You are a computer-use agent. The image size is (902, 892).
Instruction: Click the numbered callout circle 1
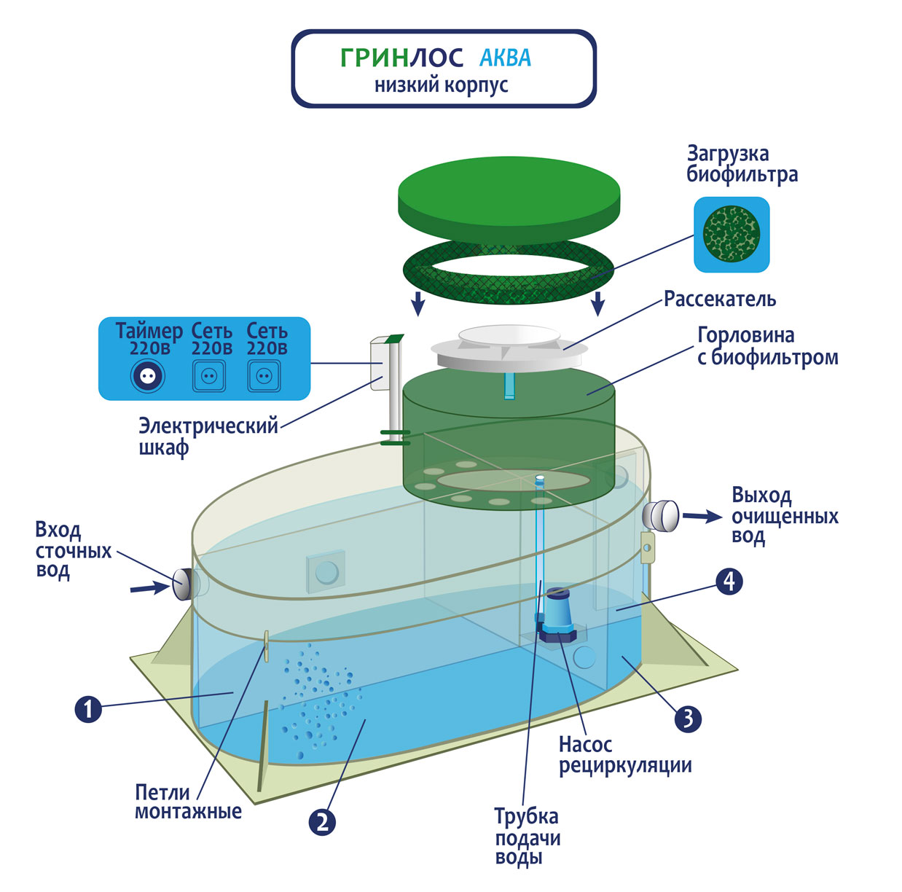click(x=88, y=708)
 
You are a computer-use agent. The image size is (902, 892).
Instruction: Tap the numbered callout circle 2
click(x=323, y=822)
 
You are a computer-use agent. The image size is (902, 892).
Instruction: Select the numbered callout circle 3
click(x=688, y=719)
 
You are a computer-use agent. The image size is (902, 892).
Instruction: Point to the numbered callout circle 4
click(x=729, y=582)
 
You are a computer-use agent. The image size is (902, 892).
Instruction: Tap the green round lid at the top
click(x=509, y=199)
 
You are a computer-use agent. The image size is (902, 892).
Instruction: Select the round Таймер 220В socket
click(x=148, y=376)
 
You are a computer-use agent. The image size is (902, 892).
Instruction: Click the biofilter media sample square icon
click(x=732, y=235)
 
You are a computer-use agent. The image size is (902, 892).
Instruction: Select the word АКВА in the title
click(x=505, y=58)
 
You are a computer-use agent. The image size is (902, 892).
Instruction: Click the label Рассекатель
click(x=719, y=300)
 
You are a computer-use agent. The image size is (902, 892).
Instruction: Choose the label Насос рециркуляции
click(x=624, y=755)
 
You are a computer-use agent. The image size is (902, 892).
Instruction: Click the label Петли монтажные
click(x=188, y=802)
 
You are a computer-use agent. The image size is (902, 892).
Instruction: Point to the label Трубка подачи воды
click(x=527, y=837)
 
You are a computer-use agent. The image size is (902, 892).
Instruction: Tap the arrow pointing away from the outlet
click(x=702, y=516)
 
